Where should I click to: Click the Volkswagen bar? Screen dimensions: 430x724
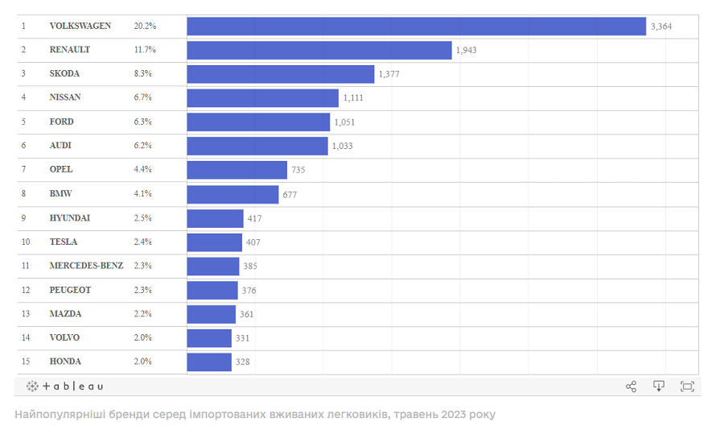point(416,26)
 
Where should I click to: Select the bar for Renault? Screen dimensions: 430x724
point(319,50)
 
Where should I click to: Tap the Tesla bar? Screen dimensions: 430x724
point(214,242)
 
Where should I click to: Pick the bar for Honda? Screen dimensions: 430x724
point(209,362)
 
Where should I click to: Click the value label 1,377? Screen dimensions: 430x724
point(389,74)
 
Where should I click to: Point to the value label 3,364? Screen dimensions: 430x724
point(660,27)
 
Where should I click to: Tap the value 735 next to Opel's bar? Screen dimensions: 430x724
point(298,170)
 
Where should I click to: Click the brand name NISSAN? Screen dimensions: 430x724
point(65,97)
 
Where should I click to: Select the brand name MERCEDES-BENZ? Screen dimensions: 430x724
point(86,266)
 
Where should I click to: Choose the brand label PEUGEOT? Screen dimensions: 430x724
point(70,290)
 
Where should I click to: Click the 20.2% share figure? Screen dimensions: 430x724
point(145,26)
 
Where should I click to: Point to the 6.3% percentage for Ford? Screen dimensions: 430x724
point(143,122)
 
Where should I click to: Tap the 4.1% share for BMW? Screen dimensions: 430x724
point(143,194)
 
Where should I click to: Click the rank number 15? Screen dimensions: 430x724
point(26,362)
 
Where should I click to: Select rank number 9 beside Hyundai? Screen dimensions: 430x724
point(24,217)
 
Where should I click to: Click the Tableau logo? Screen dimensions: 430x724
point(65,387)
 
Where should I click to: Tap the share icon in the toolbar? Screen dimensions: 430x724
point(631,387)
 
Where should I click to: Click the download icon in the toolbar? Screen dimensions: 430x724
point(659,387)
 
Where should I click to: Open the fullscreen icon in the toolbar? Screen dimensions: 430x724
point(687,387)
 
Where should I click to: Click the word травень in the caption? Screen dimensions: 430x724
point(415,415)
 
